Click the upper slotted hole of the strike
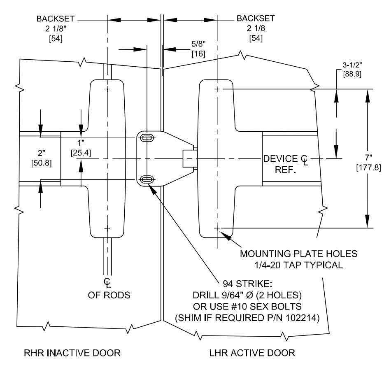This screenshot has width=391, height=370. point(147,138)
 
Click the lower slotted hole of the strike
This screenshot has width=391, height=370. point(147,179)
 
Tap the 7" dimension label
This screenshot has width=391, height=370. point(368,158)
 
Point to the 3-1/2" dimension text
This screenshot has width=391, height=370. point(352,65)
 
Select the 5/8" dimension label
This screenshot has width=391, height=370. point(198,44)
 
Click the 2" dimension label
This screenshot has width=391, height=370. point(41,153)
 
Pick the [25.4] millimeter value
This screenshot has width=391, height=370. point(81,153)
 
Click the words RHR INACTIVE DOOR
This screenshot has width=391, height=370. point(72,353)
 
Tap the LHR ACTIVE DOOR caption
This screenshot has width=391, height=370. point(252,353)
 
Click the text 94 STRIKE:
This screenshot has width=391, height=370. point(247,284)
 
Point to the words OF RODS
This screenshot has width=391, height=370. point(109,295)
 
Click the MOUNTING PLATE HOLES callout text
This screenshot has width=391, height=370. point(298,254)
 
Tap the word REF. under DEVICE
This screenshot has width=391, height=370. point(285,170)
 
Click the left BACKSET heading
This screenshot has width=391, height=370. point(56,19)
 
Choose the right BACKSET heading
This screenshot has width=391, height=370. point(256,18)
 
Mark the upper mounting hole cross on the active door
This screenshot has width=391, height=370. point(217,89)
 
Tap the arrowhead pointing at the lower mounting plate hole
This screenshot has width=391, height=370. point(225,235)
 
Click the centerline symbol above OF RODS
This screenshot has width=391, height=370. point(107,282)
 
